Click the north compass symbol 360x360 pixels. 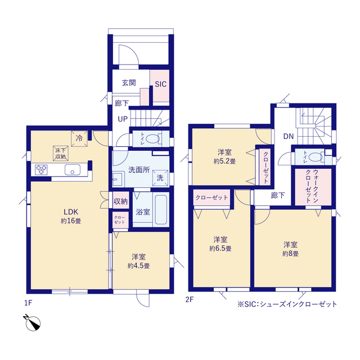(33, 322)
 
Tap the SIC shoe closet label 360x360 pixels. (160, 84)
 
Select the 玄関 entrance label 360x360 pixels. (129, 83)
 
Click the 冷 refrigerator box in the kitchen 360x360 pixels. (79, 138)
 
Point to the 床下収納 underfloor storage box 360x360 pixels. (61, 154)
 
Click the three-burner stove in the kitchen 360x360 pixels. (41, 170)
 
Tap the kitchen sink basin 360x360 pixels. (73, 170)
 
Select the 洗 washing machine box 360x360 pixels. (160, 178)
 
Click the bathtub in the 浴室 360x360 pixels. (160, 209)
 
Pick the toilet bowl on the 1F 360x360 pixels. (152, 139)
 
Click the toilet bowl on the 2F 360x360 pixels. (316, 157)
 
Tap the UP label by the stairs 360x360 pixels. (123, 119)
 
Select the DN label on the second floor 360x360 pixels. (289, 136)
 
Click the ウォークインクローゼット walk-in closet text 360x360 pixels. (312, 186)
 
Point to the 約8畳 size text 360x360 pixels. (290, 254)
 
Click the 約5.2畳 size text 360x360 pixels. (224, 161)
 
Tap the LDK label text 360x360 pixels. (71, 211)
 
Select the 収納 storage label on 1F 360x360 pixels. (120, 201)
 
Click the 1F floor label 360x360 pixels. (28, 303)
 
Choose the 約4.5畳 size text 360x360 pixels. (139, 266)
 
